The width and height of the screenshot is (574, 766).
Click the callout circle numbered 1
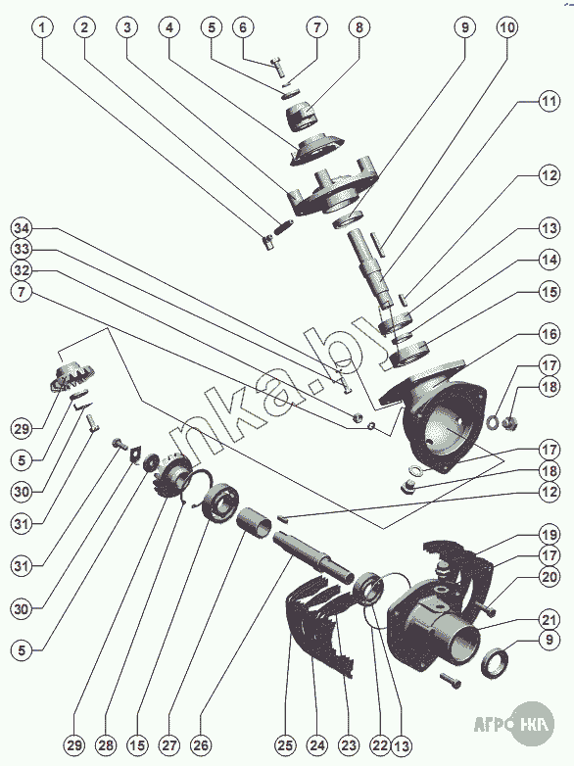coord(42,27)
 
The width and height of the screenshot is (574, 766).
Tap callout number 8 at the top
coord(359,27)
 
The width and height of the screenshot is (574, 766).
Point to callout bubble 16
coord(550,334)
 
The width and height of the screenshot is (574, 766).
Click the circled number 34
coord(22,228)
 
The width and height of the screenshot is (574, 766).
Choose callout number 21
coord(550,620)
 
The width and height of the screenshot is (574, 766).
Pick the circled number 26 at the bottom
coord(201,745)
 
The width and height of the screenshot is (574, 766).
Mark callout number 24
coord(317,745)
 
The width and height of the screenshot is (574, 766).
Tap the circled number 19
coord(550,534)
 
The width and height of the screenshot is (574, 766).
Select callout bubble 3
coord(127,27)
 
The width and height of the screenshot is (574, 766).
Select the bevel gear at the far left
coord(72,376)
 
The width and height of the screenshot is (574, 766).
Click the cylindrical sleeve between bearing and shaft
coord(254,523)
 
